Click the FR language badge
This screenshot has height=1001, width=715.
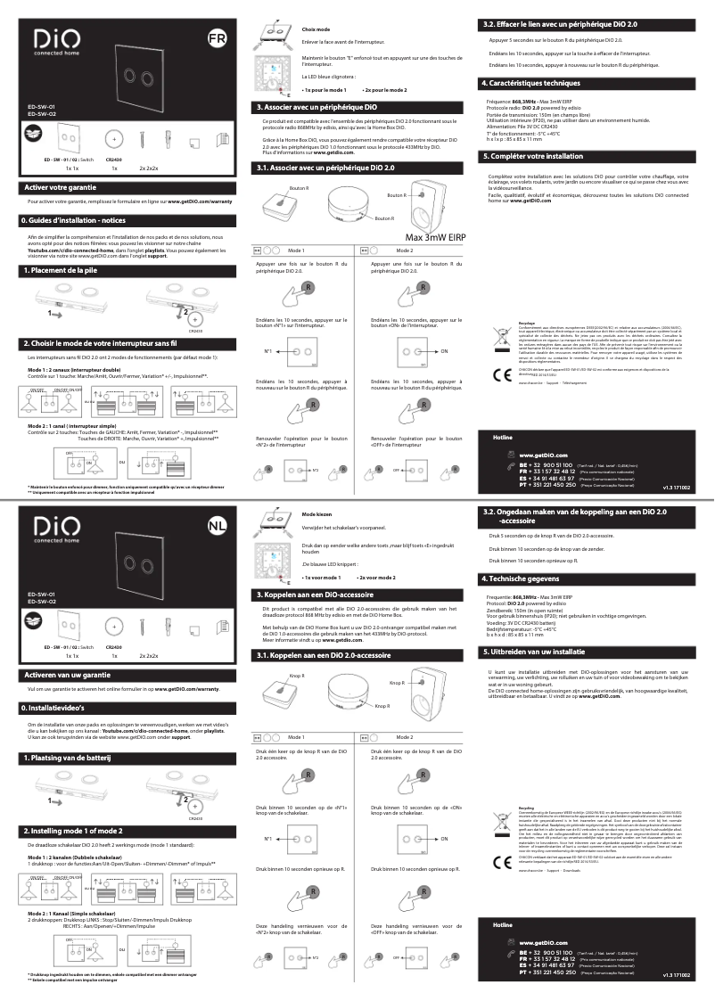pyautogui.click(x=217, y=39)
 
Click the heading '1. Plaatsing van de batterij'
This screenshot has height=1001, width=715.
pyautogui.click(x=65, y=757)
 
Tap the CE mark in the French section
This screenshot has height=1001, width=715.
pyautogui.click(x=501, y=373)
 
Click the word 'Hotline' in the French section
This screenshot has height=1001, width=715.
pyautogui.click(x=505, y=438)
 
